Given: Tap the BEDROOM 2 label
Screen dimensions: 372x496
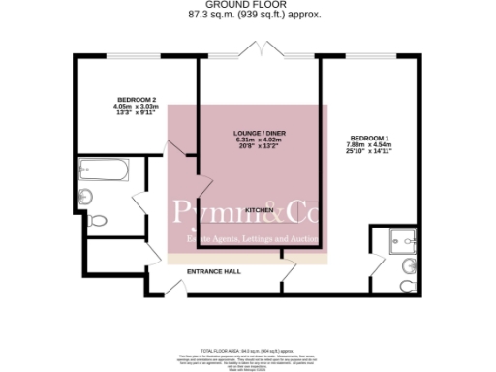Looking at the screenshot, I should pos(137,100).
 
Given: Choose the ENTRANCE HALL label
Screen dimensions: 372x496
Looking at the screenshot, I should pos(214,271).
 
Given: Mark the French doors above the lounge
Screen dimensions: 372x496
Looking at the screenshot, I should pos(262,48).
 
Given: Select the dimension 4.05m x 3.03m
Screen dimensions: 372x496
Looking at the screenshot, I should pos(137,107).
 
